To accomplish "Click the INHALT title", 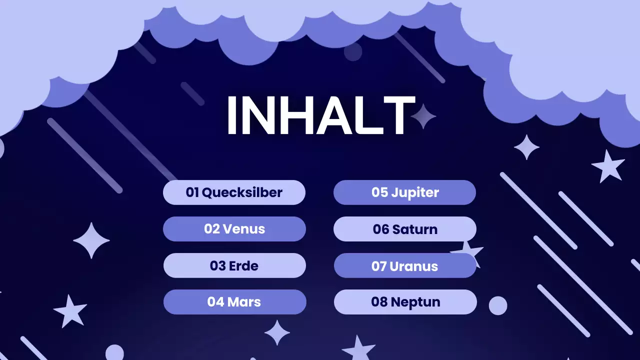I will tap(320, 115).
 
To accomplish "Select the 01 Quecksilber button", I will tap(234, 192).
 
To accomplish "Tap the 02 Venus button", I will tap(234, 229).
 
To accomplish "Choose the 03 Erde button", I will tap(234, 265).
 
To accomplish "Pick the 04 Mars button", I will tap(234, 302).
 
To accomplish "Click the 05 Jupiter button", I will tap(404, 192).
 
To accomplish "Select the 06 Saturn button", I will tap(404, 229).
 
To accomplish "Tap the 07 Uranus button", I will tap(404, 265).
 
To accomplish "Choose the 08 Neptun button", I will tap(405, 302).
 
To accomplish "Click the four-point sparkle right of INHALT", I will tap(423, 116).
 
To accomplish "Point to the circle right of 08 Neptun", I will tap(497, 305).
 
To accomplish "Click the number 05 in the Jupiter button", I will tap(379, 192).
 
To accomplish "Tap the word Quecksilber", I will tap(242, 192).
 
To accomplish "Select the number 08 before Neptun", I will tap(379, 302).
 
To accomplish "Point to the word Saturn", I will tap(414, 229).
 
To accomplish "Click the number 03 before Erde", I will tap(218, 266).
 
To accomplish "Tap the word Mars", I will tap(244, 302).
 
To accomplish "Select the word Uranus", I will tap(413, 266).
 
